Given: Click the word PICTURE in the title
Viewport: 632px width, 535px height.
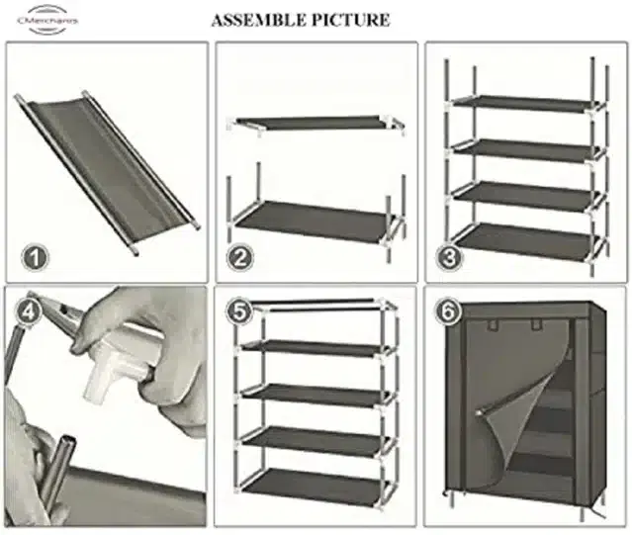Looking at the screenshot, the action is pyautogui.click(x=347, y=20).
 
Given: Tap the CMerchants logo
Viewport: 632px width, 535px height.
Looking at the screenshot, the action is pyautogui.click(x=47, y=20).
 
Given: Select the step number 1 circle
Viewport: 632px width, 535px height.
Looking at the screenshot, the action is pyautogui.click(x=35, y=257).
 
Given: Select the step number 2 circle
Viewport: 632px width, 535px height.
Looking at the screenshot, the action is pyautogui.click(x=240, y=257).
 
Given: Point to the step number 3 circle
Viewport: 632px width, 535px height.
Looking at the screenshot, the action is pyautogui.click(x=450, y=257).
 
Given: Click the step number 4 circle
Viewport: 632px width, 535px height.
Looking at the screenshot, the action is pyautogui.click(x=29, y=311).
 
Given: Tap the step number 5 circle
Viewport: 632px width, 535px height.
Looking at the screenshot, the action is pyautogui.click(x=239, y=312).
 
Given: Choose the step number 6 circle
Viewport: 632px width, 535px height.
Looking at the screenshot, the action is pyautogui.click(x=448, y=312).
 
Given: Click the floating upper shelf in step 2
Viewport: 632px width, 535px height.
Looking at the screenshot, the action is pyautogui.click(x=316, y=124).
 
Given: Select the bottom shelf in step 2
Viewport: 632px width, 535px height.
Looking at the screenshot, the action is pyautogui.click(x=315, y=221).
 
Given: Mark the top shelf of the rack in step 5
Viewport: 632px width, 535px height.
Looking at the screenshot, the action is pyautogui.click(x=316, y=349).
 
